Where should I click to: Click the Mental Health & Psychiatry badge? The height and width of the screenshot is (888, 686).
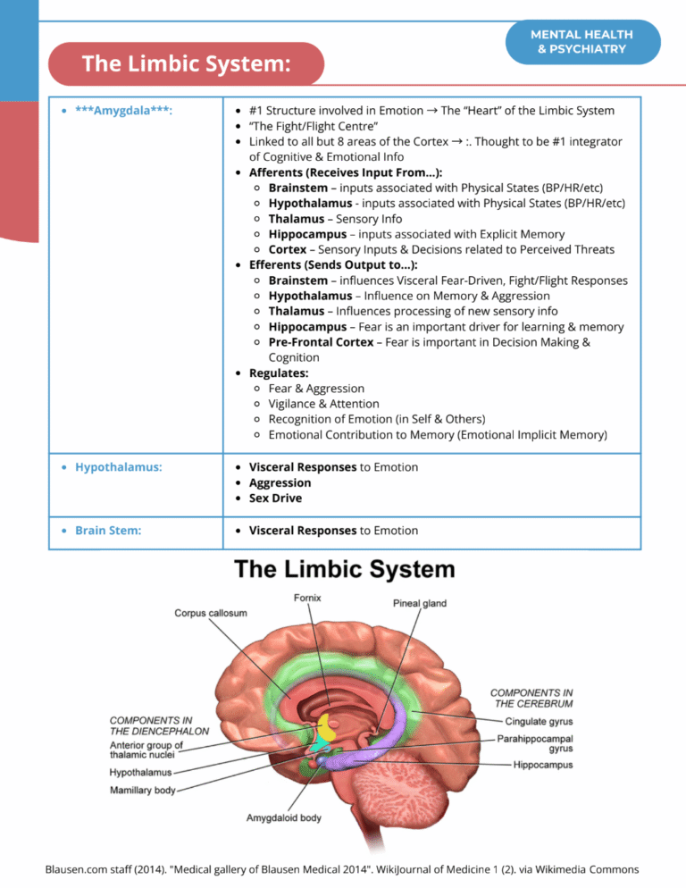(x=581, y=42)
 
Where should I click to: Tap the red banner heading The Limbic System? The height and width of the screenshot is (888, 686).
(x=187, y=64)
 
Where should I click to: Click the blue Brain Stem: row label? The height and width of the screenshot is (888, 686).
(x=109, y=530)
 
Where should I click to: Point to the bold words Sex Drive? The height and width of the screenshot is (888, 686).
(x=275, y=498)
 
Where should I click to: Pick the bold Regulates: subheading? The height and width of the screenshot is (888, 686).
(x=280, y=373)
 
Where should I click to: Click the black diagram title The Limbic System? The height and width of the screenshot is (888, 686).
(x=344, y=569)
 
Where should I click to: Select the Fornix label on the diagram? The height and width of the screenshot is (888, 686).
(x=305, y=598)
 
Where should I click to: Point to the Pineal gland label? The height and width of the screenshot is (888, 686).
(x=420, y=604)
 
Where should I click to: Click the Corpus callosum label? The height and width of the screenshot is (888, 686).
(x=211, y=613)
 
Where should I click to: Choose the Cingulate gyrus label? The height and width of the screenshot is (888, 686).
(x=539, y=721)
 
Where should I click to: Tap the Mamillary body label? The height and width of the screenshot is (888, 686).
(x=143, y=791)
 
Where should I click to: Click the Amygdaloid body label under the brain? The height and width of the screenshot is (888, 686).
(x=284, y=817)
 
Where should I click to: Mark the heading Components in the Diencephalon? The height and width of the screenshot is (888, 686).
(x=159, y=725)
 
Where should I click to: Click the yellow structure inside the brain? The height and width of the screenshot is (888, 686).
(x=328, y=725)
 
